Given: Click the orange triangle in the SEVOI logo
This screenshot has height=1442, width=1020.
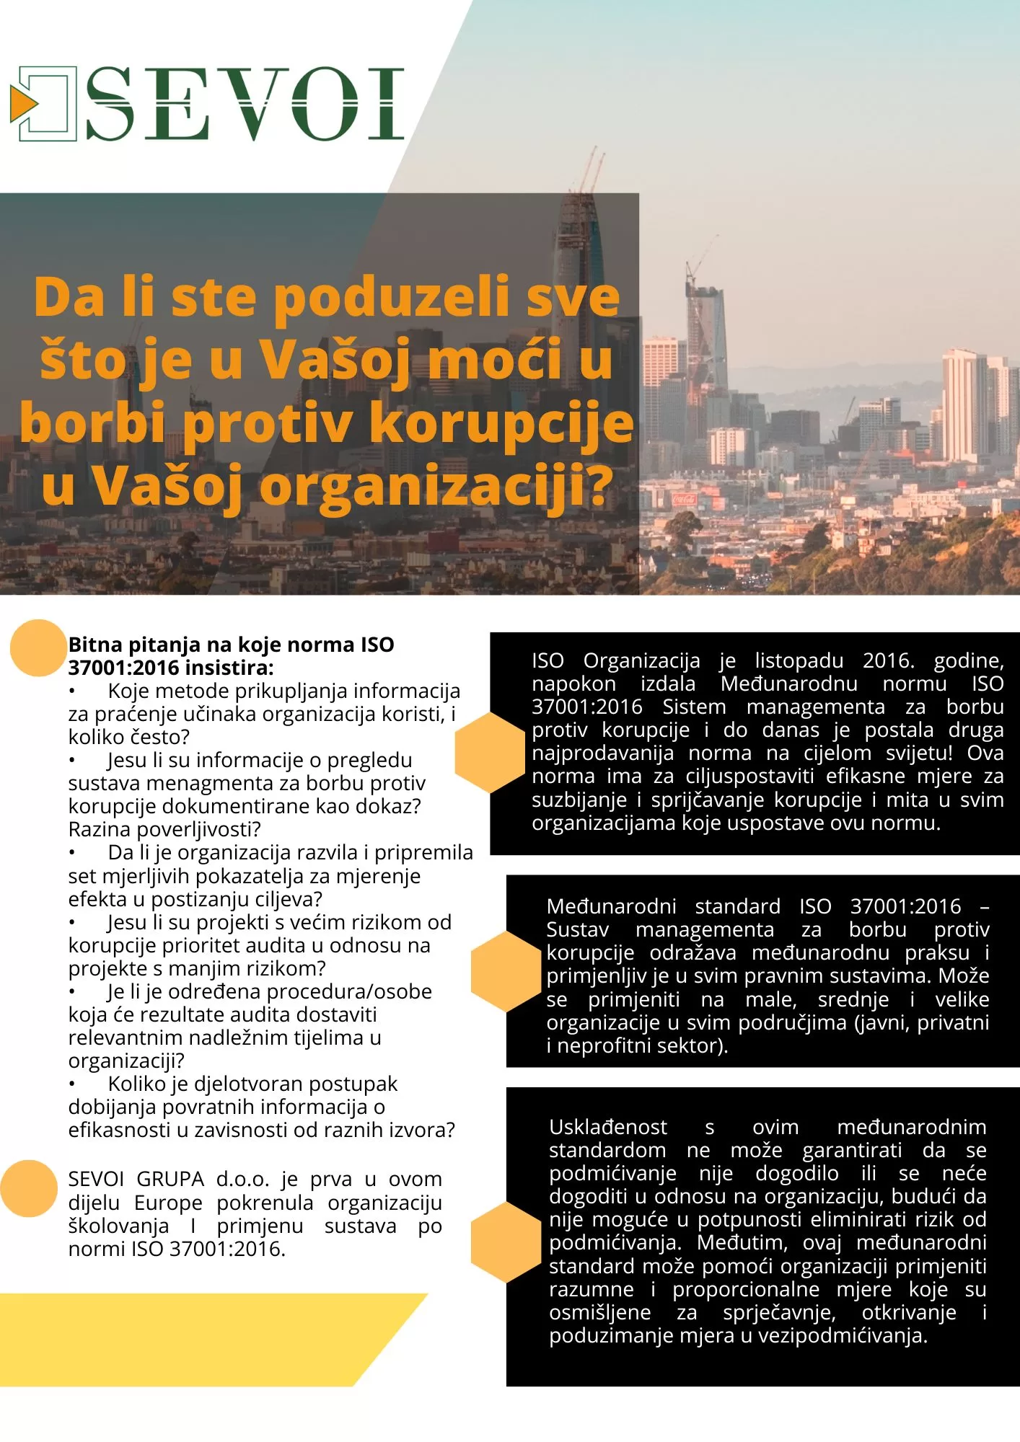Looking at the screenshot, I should pos(22,104).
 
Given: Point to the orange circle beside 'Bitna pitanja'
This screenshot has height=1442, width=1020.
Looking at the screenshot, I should pos(38,647).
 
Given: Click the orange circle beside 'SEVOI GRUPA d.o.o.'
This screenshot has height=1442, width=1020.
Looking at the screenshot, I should pos(29,1188).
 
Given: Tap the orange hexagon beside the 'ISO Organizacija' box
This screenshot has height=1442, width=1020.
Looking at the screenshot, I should pos(491,752).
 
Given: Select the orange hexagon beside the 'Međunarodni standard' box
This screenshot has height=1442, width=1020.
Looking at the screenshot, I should pos(506,970).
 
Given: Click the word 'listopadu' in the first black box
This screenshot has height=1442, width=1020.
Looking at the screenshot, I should pos(799,660).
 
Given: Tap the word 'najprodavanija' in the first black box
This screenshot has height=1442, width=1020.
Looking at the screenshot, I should pos(602,753).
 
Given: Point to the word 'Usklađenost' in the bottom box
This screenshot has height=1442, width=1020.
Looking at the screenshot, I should pos(608,1127).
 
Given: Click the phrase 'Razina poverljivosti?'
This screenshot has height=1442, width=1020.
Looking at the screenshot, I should pos(164,829).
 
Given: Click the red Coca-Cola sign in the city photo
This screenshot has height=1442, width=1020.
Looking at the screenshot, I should pos(684,499).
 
